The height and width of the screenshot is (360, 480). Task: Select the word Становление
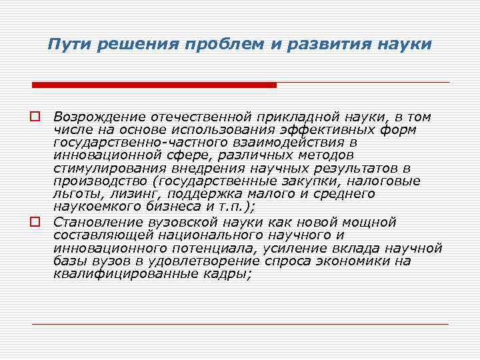pos(95,222)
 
